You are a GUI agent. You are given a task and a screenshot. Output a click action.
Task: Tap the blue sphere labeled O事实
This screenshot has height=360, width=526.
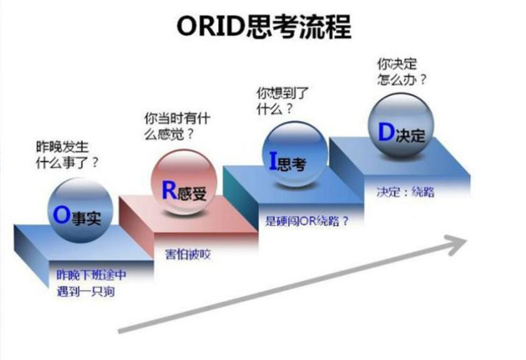tap(76, 209)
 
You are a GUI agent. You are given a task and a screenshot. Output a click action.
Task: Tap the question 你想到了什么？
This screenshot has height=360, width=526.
tap(283, 100)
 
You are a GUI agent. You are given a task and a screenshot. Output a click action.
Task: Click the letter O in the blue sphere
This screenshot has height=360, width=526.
tap(60, 215)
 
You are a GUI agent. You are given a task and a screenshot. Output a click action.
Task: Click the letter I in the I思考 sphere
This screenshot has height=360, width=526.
tap(274, 162)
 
